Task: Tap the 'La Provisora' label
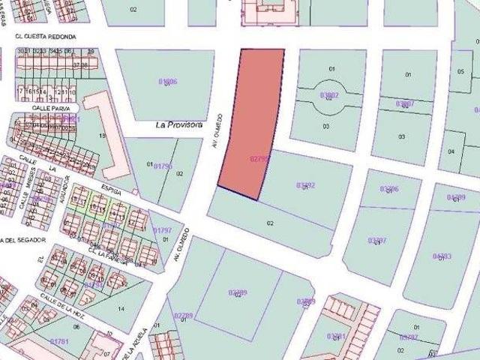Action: (179, 126)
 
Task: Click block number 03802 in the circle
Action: (329, 95)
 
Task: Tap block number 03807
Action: (404, 103)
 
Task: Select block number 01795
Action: (163, 166)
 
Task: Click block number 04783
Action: (442, 256)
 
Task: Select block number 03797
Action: (377, 240)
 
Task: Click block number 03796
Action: (388, 189)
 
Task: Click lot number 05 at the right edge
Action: (460, 71)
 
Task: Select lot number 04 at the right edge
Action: (451, 151)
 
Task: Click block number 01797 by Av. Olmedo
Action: (162, 229)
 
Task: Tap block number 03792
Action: (305, 184)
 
